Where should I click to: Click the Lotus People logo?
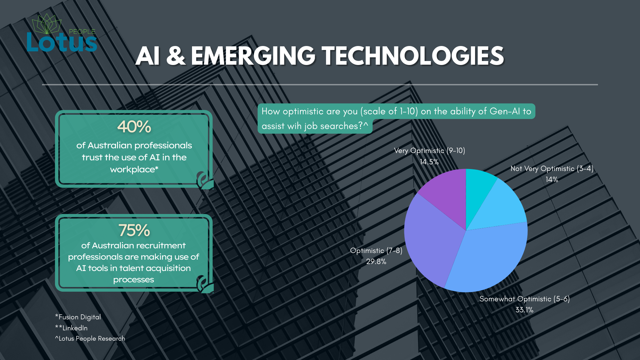pos(62,33)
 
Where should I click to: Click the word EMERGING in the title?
pos(253,56)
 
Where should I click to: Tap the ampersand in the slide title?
pos(175,56)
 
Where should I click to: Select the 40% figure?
pos(134,127)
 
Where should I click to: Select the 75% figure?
pos(134,230)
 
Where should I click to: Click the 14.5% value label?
pos(429,162)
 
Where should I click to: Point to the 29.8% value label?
pos(376,262)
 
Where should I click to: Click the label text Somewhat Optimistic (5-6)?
pos(525,299)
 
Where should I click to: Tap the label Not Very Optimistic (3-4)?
pos(552,169)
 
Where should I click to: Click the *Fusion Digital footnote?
pos(78,317)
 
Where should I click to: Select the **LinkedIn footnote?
pos(71,328)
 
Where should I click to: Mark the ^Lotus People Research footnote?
pos(90,339)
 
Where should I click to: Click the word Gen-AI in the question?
pos(505,111)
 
